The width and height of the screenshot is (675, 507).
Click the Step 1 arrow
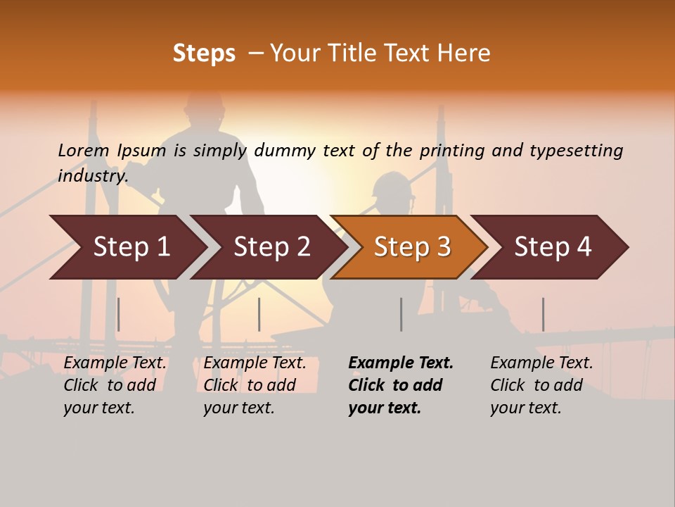coord(127,247)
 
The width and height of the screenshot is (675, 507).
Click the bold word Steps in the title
coord(204,54)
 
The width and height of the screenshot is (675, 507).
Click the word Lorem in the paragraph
coord(84,150)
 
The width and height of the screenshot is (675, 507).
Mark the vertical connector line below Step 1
coord(118,314)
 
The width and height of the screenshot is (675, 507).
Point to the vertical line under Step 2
coord(259,314)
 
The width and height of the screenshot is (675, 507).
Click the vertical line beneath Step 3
coord(401,314)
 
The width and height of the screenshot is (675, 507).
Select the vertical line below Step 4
coord(543,314)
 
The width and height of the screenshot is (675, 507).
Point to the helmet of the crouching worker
coord(392,187)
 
